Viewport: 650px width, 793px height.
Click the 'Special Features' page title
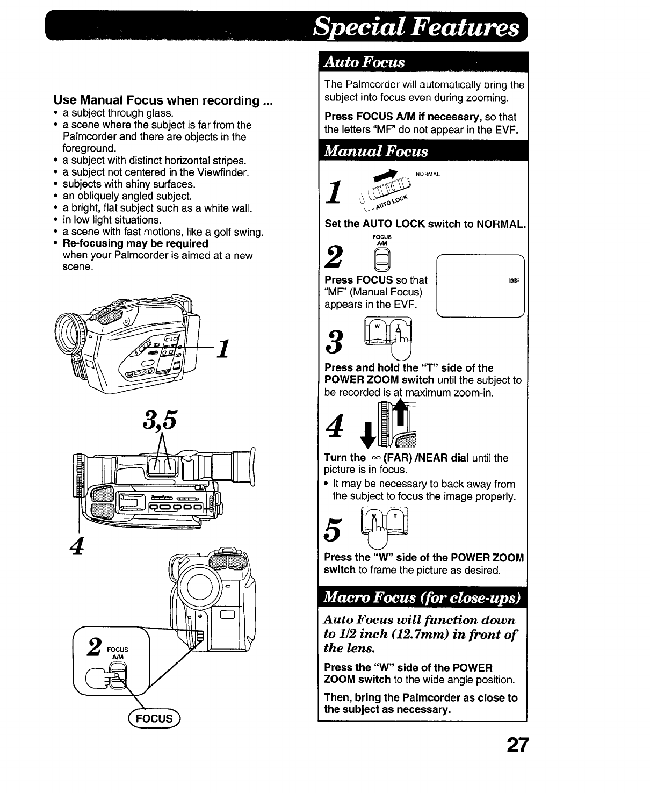tap(416, 27)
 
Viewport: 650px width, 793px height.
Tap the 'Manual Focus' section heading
tap(377, 151)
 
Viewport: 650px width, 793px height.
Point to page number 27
tap(517, 745)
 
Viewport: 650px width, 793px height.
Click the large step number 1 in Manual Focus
tap(334, 191)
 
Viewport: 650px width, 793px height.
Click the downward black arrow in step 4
tap(369, 435)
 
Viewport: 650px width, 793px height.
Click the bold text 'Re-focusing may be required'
tap(135, 243)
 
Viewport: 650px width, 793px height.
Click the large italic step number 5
tap(334, 532)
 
